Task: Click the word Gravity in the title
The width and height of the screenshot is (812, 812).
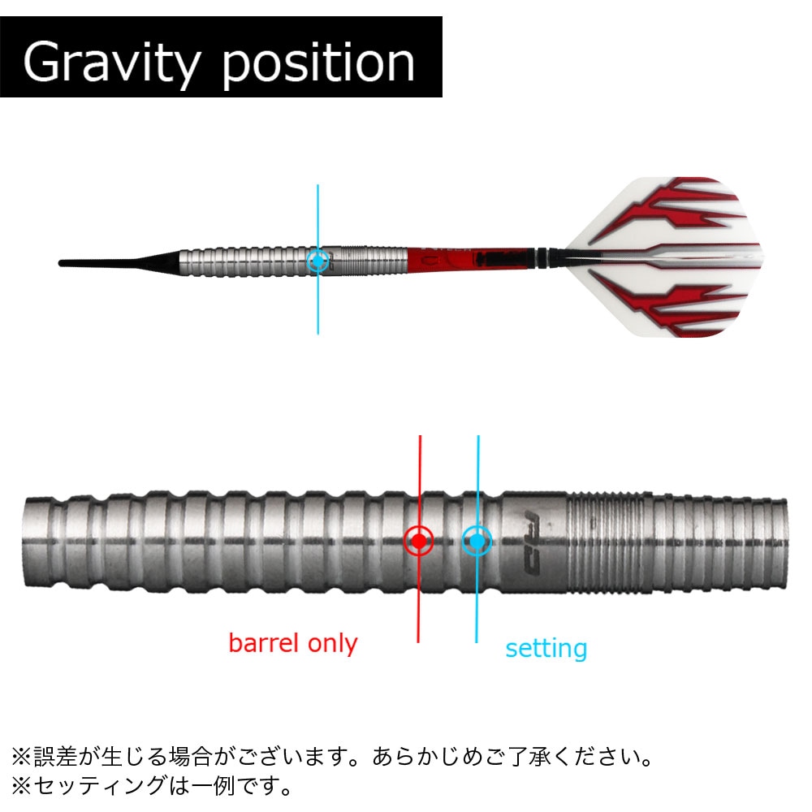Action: (111, 63)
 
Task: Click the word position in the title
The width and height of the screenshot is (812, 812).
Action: (318, 63)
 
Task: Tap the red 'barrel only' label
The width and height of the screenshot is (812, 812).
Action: (293, 643)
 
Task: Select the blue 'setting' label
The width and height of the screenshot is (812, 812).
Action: (546, 649)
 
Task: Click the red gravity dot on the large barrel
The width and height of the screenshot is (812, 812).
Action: (418, 541)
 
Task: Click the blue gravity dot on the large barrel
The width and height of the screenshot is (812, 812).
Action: (477, 541)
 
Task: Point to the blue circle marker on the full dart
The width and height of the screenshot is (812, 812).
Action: (318, 261)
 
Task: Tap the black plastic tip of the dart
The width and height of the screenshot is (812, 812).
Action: (119, 261)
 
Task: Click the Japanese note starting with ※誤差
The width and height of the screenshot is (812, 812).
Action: (332, 757)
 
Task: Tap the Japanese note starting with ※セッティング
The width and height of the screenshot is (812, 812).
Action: (152, 785)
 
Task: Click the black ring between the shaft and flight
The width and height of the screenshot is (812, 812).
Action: (542, 258)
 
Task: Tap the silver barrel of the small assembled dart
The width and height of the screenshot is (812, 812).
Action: (294, 261)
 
